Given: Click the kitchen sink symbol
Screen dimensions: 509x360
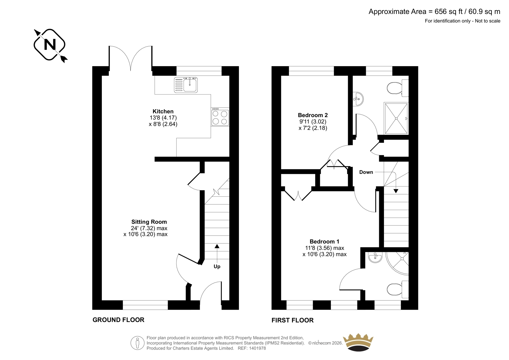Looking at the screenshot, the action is [186, 85].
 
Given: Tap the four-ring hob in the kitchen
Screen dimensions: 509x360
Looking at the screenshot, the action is [220, 117].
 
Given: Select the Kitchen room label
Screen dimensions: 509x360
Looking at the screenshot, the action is [163, 111].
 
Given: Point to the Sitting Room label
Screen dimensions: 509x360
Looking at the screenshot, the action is [149, 222].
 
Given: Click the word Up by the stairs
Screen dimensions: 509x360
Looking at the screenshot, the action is [217, 266].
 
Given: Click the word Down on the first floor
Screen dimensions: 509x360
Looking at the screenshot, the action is [366, 172].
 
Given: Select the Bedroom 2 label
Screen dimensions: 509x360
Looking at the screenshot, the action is [313, 115].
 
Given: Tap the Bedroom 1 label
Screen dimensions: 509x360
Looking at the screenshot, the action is [324, 241].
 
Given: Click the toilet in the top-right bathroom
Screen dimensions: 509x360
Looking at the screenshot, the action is [398, 88].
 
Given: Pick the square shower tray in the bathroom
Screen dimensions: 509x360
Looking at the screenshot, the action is [396, 118].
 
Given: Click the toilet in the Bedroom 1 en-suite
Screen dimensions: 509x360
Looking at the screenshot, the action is [398, 290].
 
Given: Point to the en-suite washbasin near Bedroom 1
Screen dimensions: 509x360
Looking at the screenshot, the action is [375, 257].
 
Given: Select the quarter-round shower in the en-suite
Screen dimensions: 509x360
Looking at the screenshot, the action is [398, 263].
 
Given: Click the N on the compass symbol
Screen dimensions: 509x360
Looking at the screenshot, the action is [50, 45].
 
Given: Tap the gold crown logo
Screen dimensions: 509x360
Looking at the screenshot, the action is [358, 342].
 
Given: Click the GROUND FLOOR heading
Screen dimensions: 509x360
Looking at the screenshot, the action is [118, 320].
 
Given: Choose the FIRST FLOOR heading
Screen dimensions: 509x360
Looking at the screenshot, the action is [292, 320].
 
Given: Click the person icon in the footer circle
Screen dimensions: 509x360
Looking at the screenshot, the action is [137, 343].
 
